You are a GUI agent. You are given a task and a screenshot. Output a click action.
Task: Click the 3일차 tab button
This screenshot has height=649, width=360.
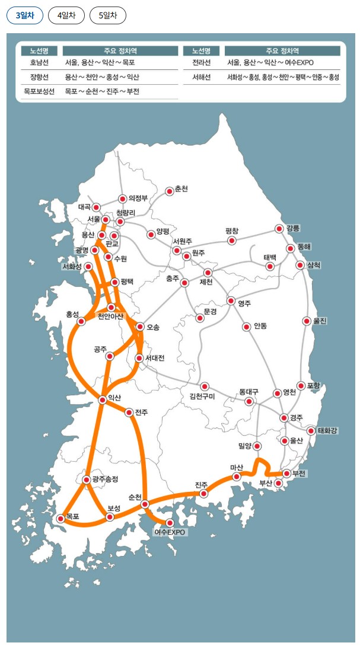[25, 16]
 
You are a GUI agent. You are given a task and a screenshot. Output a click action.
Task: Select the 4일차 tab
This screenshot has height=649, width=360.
[66, 16]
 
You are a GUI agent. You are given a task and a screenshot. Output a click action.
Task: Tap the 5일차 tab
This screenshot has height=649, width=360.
[108, 16]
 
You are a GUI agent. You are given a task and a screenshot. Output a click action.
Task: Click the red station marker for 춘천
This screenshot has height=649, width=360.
[170, 191]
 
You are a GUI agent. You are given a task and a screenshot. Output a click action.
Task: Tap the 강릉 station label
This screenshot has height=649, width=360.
[293, 228]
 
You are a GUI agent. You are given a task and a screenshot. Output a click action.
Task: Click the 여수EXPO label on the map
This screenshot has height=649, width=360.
[170, 532]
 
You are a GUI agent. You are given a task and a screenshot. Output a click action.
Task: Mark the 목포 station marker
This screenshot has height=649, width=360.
[60, 519]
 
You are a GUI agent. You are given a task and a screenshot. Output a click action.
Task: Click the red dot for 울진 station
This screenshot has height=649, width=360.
[307, 321]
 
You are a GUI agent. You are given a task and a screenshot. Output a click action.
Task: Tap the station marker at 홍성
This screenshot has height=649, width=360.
[81, 321]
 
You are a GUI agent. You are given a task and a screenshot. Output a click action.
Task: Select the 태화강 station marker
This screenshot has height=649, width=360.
[311, 430]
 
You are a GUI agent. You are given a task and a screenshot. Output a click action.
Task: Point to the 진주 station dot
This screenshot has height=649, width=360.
[203, 493]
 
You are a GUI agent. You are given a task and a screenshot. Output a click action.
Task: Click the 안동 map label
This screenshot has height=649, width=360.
[260, 326]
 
